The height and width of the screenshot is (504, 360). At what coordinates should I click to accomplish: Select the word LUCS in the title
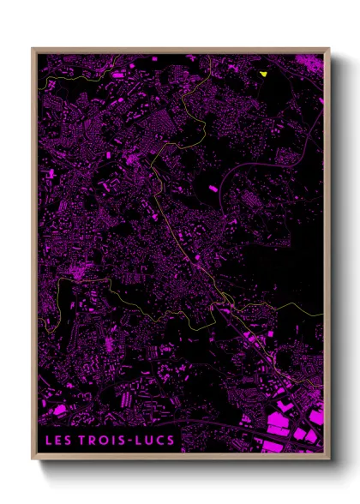[156, 441]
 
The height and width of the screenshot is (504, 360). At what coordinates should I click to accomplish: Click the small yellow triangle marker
[264, 74]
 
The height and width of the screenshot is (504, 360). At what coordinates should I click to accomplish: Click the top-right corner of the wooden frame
[328, 49]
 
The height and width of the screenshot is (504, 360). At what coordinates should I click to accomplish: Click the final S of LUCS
[171, 441]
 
